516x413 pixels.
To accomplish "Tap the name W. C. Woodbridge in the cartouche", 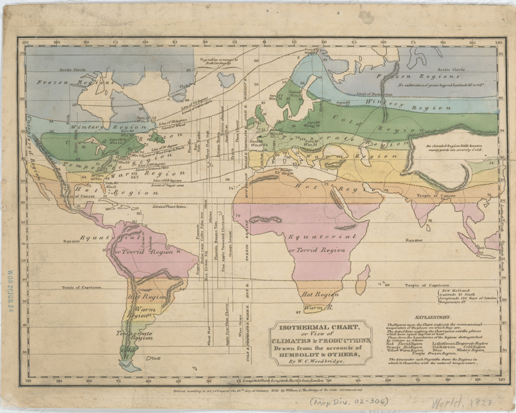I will (318, 361).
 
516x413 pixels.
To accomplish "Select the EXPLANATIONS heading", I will (439, 317).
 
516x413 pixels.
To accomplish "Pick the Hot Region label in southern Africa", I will (320, 295).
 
